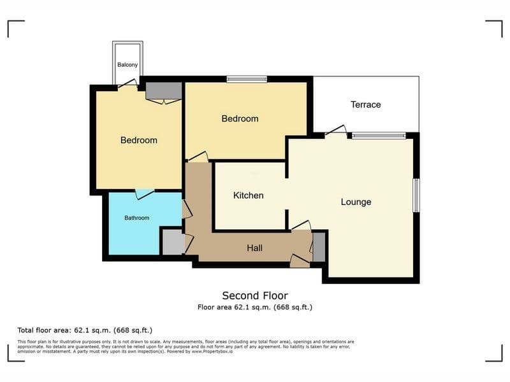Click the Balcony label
pos(127,65)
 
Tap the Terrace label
pos(365,104)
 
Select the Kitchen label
pos(249,195)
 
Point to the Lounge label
pos(356,202)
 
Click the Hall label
pos(254,248)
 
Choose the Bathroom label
pos(137,218)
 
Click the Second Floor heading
pos(255,295)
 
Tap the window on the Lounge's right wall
pos(416,195)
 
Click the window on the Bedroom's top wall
pos(247,79)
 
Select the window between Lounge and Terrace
pos(379,136)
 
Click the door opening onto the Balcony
pos(128,84)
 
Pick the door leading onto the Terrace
pos(336,131)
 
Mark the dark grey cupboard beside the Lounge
pos(319,247)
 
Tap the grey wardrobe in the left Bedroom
pos(163,90)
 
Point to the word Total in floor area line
pos(26,330)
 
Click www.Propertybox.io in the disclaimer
pos(212,351)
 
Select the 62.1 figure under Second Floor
pos(242,307)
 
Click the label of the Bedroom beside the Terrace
pos(240,118)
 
